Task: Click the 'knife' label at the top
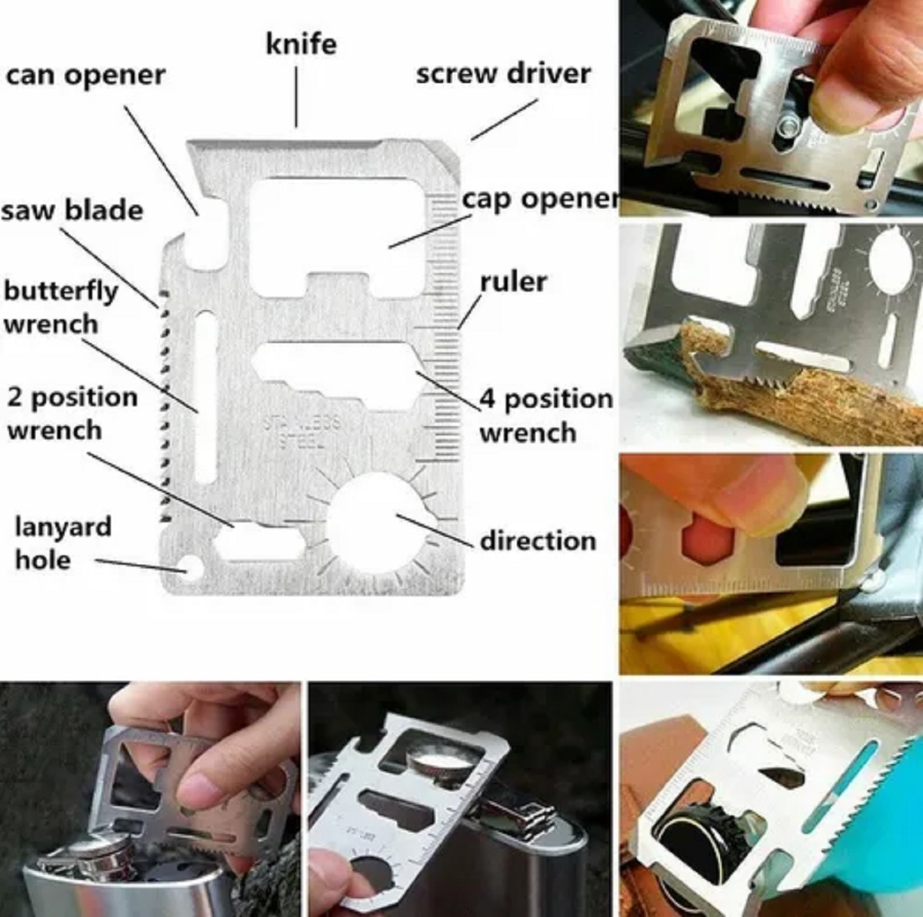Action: coord(301,44)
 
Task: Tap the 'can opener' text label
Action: coord(85,75)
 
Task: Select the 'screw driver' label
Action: coord(503,74)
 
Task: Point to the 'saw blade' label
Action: coord(72,209)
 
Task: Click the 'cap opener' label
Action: coord(540,198)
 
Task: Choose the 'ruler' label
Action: coord(513,282)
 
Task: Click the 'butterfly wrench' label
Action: coord(60,307)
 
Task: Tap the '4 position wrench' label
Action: coord(545,415)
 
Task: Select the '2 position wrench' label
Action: coord(72,413)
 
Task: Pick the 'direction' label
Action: coord(537,540)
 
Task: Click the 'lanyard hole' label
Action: coord(62,542)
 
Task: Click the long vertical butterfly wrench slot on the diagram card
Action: coord(206,396)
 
